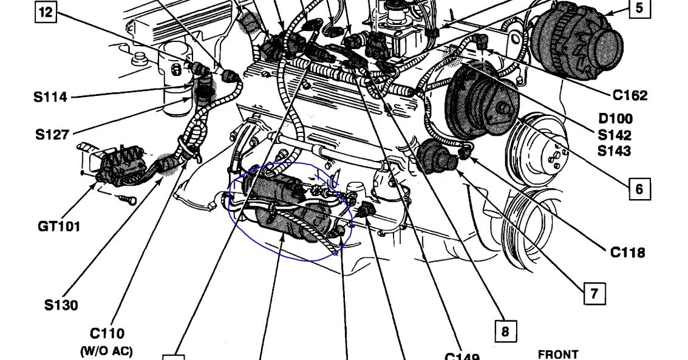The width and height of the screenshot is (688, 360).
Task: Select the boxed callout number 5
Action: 639,8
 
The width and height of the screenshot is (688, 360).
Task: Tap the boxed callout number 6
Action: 639,189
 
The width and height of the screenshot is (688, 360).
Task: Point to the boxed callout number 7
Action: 594,293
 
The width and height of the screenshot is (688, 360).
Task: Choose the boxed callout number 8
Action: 505,331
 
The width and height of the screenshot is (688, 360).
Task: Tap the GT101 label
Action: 59,226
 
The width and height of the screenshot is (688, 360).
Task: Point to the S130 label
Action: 61,305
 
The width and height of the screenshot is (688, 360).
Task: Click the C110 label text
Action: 107,333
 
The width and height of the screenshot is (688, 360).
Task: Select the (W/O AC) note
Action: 107,351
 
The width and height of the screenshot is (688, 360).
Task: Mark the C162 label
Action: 630,95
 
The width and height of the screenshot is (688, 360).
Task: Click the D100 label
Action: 615,119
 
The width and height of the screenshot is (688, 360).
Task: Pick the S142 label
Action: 615,135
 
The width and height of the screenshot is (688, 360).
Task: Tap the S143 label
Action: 615,151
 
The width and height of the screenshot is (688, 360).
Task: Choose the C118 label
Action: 627,252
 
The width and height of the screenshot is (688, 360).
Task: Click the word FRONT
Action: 558,354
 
